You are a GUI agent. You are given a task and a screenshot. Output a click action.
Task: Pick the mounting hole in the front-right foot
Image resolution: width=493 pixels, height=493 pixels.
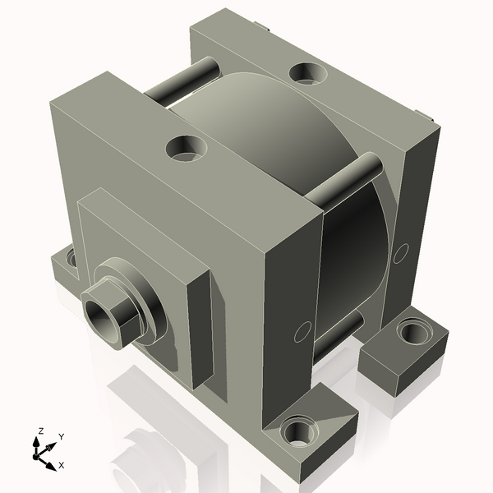point(297,431)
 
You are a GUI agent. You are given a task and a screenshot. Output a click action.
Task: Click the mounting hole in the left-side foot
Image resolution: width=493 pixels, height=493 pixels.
point(72,259)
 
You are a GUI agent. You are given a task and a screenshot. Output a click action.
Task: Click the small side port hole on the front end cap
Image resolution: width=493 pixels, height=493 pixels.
point(302,332)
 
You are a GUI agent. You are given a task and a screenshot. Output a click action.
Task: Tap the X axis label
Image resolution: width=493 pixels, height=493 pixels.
point(61,465)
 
